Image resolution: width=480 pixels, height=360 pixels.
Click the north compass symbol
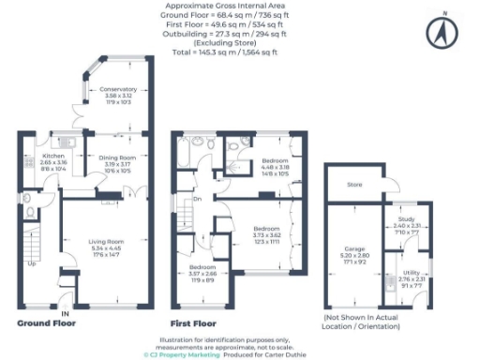[x=440, y=35]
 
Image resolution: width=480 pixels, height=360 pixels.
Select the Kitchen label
[x=52, y=157]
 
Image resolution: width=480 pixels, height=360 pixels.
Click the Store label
[x=354, y=185]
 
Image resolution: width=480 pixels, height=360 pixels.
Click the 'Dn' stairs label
[x=198, y=199]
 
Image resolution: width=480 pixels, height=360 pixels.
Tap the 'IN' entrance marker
[x=65, y=312]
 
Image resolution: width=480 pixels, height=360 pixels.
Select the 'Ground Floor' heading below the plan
[x=46, y=322]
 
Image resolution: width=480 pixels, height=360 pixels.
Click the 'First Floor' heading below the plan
[x=193, y=322]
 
